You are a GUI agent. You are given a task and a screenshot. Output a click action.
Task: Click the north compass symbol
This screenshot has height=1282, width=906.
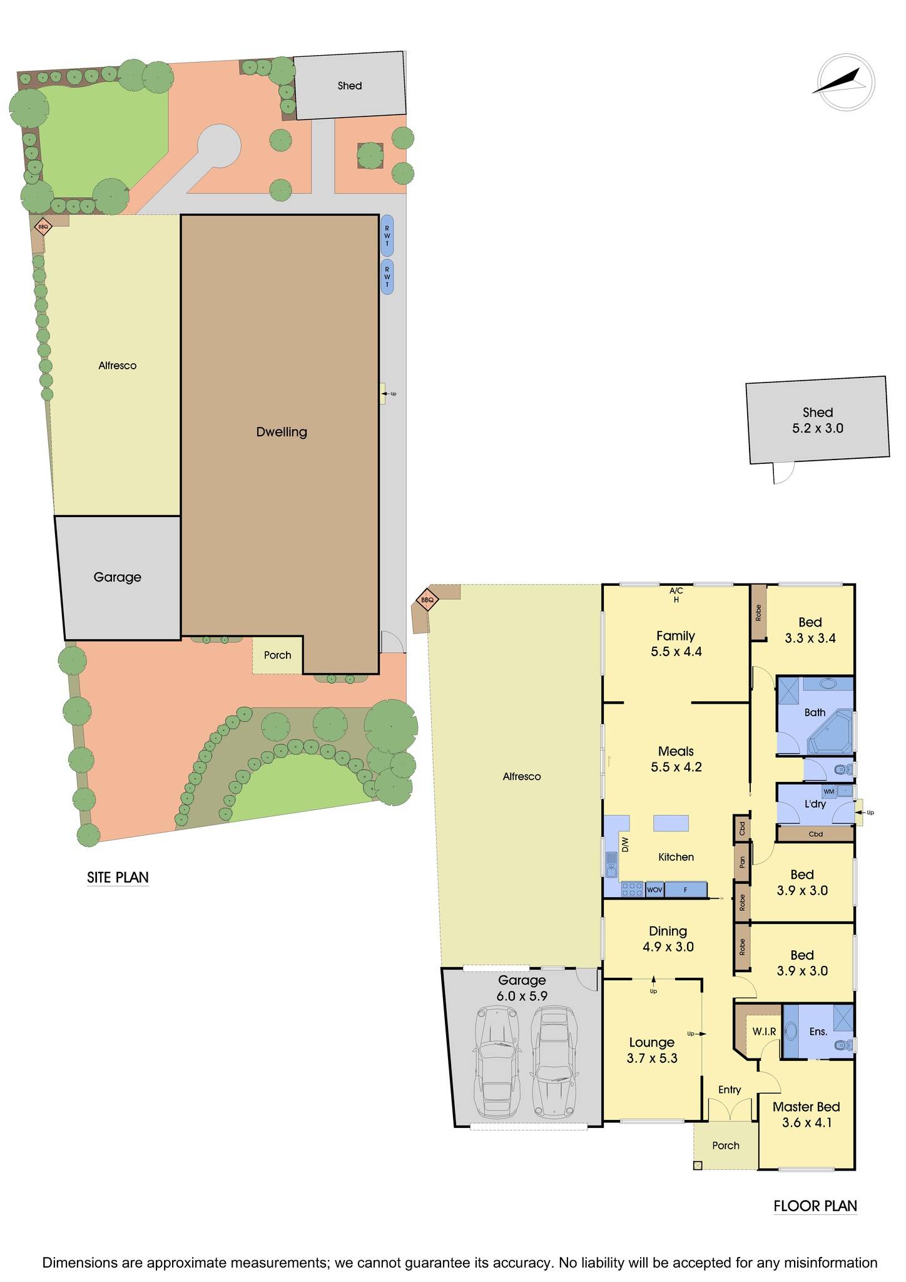click(845, 83)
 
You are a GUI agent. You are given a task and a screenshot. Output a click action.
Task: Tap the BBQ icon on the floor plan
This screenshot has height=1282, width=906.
click(427, 600)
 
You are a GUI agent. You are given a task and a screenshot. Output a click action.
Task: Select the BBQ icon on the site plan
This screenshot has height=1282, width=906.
click(43, 227)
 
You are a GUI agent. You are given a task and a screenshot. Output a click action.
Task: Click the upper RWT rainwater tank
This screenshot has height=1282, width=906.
click(387, 236)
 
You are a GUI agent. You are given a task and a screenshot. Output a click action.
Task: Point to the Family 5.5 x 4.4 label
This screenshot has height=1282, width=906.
click(676, 644)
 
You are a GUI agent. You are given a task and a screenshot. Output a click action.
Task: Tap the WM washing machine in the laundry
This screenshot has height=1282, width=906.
click(829, 791)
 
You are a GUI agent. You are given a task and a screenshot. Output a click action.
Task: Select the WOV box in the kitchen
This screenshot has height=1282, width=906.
click(654, 890)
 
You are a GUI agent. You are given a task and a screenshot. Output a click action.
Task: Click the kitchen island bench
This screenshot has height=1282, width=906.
click(671, 823)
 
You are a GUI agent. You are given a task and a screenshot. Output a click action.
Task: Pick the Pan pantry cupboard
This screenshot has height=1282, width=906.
click(742, 862)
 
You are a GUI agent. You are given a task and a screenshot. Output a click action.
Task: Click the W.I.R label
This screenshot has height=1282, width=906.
click(764, 1031)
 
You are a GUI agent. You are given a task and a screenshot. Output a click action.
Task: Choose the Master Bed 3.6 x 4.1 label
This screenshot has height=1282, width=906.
click(806, 1114)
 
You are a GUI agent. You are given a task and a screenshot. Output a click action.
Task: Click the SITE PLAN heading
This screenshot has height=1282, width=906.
click(118, 877)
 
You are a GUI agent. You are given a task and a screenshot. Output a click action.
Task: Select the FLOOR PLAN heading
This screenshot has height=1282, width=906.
click(815, 1206)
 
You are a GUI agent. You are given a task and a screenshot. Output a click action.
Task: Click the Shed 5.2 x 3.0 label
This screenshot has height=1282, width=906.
click(817, 420)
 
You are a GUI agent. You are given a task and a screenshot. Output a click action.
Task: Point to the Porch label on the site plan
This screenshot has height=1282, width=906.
click(277, 655)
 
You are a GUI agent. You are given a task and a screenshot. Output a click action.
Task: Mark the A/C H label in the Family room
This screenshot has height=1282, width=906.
click(676, 595)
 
